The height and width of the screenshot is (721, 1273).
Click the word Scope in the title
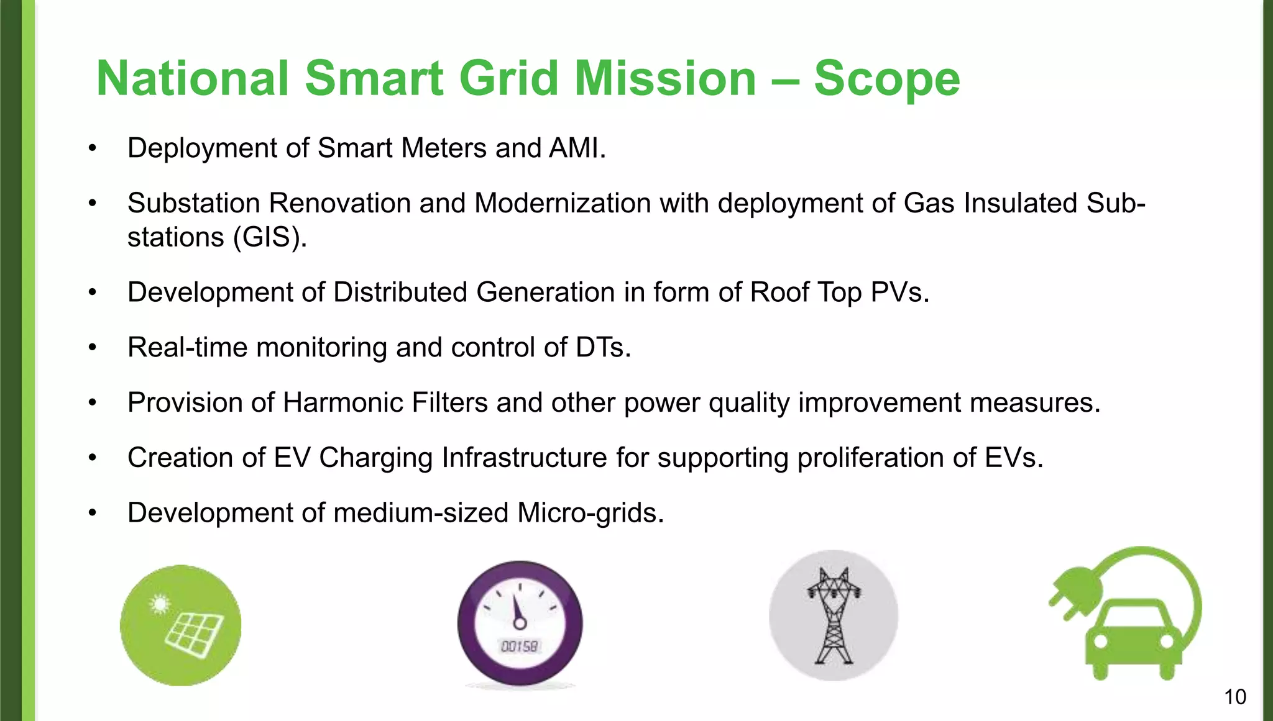[886, 79]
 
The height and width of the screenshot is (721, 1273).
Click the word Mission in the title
[664, 79]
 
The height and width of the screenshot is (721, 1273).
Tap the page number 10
[1234, 697]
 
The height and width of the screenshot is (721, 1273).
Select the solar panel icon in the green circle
[181, 625]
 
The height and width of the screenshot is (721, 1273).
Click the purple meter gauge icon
[520, 623]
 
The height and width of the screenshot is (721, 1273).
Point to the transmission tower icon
[834, 615]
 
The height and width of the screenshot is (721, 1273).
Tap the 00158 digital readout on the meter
[520, 646]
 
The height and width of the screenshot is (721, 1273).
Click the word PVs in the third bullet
[899, 292]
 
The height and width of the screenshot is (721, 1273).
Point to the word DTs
[602, 348]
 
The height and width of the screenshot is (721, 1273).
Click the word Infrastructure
[524, 458]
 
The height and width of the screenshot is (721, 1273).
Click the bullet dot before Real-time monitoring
[93, 348]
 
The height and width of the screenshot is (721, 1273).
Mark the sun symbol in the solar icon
[160, 604]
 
